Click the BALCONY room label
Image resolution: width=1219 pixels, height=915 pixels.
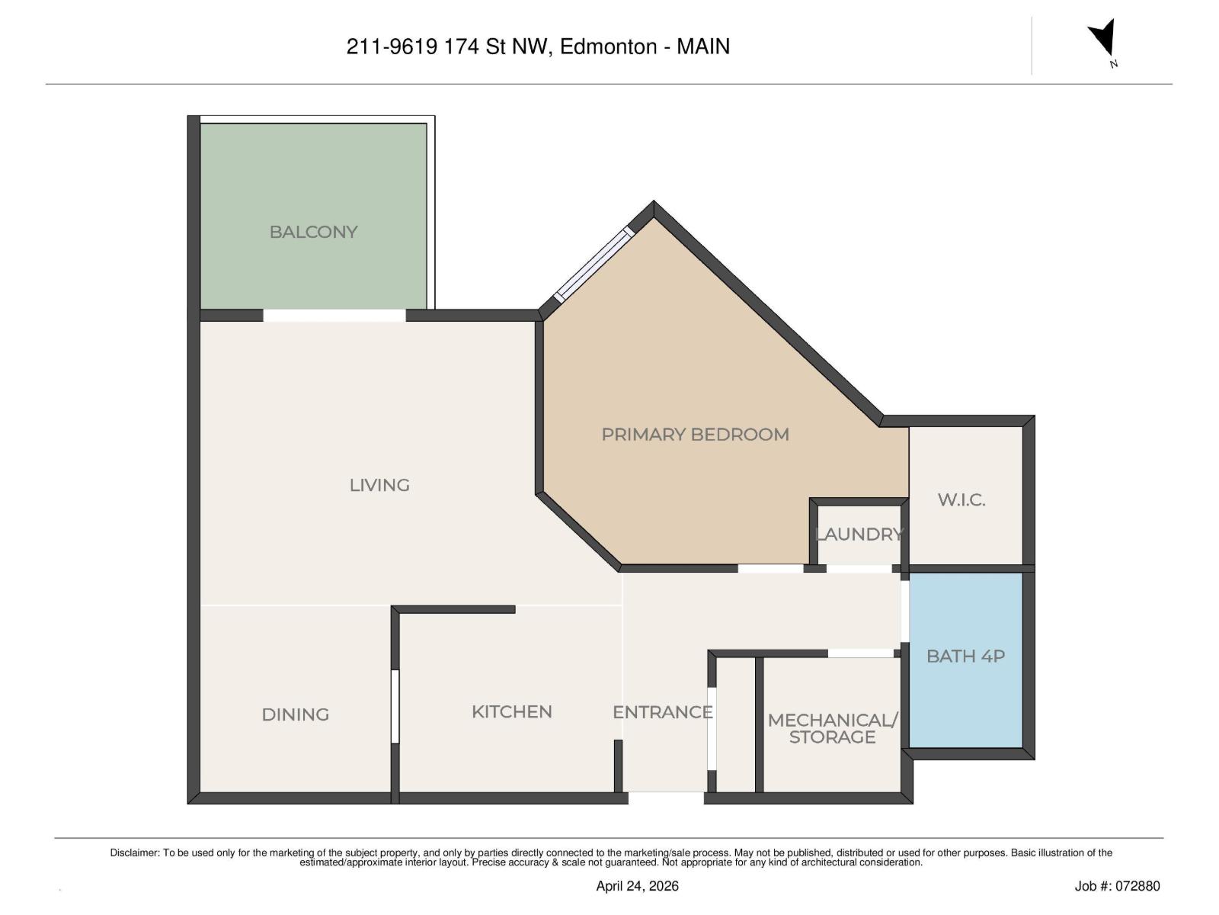(313, 232)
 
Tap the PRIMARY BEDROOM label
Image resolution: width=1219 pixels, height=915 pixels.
(695, 435)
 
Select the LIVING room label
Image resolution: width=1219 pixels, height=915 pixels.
(379, 485)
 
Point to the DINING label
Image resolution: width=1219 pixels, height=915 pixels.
(295, 714)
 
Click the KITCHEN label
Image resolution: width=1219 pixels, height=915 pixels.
(511, 711)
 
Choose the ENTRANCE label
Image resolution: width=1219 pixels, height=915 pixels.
(662, 712)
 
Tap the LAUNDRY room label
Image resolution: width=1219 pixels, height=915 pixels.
(859, 535)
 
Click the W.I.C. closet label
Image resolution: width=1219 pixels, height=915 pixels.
(961, 500)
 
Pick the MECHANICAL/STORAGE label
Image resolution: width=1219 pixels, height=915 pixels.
(832, 728)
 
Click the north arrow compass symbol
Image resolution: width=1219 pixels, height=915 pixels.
(1104, 40)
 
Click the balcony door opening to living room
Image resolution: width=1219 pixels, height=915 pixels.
(334, 315)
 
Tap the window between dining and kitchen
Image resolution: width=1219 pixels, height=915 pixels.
(395, 706)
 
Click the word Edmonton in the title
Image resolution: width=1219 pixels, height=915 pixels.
(608, 47)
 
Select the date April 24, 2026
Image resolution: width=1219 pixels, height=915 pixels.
(637, 886)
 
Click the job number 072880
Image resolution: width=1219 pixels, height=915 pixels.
(1137, 886)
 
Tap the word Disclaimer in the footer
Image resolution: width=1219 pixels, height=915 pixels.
(134, 853)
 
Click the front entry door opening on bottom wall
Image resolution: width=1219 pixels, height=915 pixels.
(666, 798)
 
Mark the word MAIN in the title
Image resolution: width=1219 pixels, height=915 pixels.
(703, 47)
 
